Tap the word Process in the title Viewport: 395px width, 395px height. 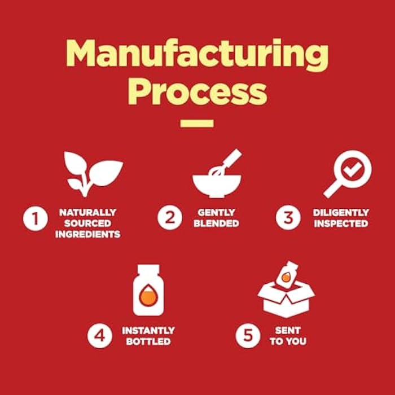[x=197, y=91]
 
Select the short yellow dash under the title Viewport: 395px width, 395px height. [x=197, y=124]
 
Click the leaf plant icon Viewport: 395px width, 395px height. [x=94, y=174]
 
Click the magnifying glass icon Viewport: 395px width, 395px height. [x=348, y=174]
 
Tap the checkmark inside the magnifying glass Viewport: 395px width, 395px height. [x=353, y=169]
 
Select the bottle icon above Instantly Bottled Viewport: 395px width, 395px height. [x=148, y=290]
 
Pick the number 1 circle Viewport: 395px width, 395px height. [x=35, y=218]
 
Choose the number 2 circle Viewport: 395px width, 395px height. [x=170, y=217]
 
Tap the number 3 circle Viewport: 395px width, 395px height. [x=288, y=217]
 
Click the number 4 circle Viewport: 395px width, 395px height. [x=100, y=336]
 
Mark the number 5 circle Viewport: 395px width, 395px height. [x=248, y=336]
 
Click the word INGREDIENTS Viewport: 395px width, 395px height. [x=87, y=234]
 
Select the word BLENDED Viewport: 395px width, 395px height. [x=216, y=223]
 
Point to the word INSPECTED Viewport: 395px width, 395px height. [x=341, y=223]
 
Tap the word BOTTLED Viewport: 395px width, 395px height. [x=148, y=341]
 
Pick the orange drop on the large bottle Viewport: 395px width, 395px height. [x=148, y=295]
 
